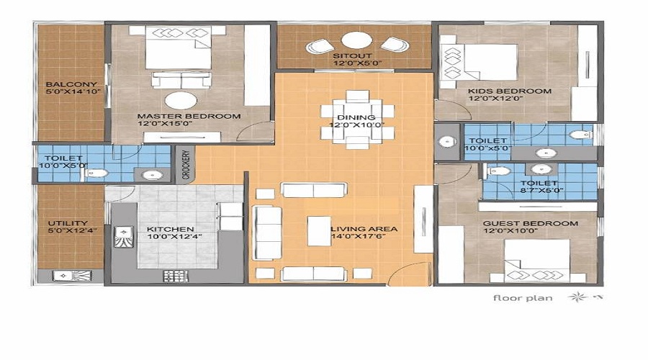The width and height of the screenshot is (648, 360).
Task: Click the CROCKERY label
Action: coord(186,164)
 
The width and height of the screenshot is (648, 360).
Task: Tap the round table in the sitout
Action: coord(357,41)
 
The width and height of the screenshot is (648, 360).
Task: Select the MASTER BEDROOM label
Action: coord(189,117)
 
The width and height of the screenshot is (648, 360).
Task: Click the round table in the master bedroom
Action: coord(181,101)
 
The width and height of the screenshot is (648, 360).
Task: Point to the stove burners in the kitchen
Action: coord(175,276)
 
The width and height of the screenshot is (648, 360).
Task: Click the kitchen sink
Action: coord(123,237)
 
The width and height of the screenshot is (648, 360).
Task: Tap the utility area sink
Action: coord(72,276)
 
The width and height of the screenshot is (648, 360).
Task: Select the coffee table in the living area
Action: coord(319,231)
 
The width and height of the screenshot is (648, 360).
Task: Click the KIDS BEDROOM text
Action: coord(510,91)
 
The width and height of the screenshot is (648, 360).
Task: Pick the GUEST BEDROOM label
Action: coord(531,224)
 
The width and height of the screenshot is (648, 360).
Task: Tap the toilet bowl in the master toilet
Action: coord(96,174)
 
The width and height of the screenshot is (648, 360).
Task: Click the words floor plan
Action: coord(523,298)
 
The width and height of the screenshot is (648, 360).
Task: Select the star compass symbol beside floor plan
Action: coord(577,297)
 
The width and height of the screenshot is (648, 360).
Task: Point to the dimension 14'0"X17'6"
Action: coord(359,236)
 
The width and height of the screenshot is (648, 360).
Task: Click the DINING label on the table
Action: coord(356,117)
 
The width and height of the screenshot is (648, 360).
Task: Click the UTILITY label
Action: coord(68,223)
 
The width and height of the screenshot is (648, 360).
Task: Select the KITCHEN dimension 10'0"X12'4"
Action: coord(174,237)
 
